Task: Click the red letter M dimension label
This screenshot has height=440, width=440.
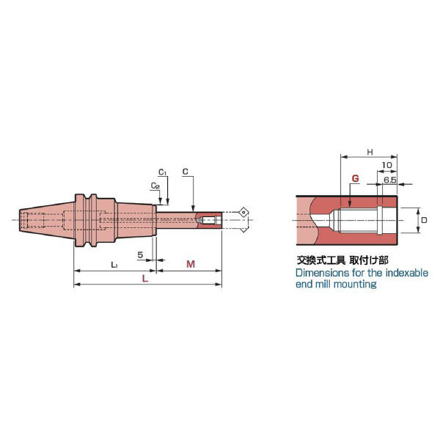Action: coord(191,264)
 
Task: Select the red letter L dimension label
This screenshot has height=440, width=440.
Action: coord(145,279)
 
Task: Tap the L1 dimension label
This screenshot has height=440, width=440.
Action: coord(114,265)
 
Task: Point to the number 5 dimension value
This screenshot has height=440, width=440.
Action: coord(140,254)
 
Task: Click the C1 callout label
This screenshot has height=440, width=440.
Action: coord(163,172)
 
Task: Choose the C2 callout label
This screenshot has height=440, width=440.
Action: coord(155,186)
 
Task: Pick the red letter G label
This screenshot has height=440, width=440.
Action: coord(355,178)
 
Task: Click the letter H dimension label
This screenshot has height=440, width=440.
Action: coord(370,152)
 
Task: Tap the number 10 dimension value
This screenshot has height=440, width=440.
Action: coord(387,165)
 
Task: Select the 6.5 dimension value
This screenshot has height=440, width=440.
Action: coord(390,180)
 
